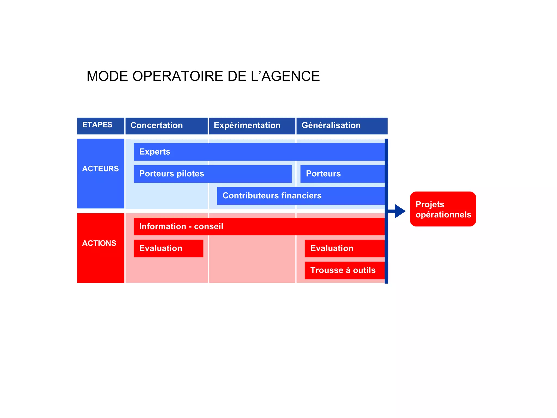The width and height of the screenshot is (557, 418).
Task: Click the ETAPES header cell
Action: pyautogui.click(x=101, y=126)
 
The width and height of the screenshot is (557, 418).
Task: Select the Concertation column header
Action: pyautogui.click(x=166, y=126)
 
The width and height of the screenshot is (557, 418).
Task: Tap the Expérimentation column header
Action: pyautogui.click(x=252, y=126)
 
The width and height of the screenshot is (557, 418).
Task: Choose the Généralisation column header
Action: pyautogui.click(x=342, y=126)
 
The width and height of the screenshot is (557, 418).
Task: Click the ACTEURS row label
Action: pyautogui.click(x=101, y=173)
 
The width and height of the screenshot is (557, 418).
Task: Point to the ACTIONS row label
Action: pyautogui.click(x=101, y=248)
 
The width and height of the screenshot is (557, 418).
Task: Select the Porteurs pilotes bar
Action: pyautogui.click(x=212, y=174)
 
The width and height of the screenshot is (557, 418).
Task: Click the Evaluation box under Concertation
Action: pyautogui.click(x=168, y=248)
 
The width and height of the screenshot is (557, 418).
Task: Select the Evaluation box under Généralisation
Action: pyautogui.click(x=345, y=248)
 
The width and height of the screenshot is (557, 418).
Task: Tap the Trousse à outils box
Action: pyautogui.click(x=345, y=270)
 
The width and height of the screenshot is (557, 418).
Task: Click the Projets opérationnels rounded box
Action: pyautogui.click(x=443, y=209)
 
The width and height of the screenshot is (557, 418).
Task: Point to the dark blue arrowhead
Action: pyautogui.click(x=400, y=211)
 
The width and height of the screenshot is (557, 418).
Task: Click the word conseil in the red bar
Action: pyautogui.click(x=209, y=226)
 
